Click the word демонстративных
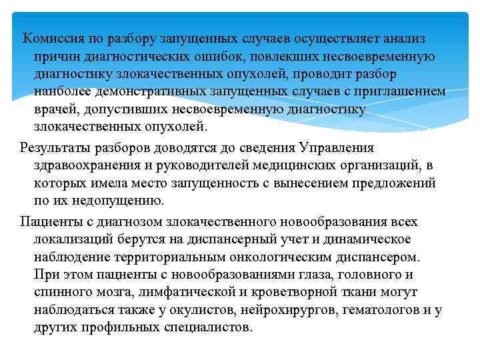click(x=152, y=92)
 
